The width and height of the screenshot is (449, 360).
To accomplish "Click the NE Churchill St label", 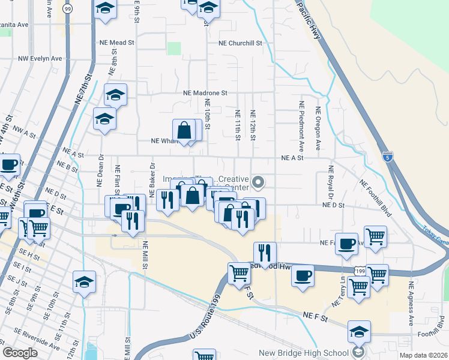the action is (241, 43).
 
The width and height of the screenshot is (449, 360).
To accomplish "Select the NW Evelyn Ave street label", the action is (40, 58).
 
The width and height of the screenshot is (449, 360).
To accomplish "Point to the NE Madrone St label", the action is (205, 93).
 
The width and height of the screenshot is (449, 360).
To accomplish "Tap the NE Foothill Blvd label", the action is (375, 191).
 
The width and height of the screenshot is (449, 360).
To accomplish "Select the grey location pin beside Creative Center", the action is (259, 181).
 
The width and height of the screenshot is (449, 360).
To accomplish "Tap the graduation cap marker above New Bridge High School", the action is (359, 331).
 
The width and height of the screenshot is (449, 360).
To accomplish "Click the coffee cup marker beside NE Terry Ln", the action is (347, 243).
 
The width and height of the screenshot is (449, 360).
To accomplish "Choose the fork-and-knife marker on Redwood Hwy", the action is (265, 252).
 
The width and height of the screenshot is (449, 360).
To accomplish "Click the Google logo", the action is (20, 353).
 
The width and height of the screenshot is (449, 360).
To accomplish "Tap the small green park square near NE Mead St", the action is (174, 49).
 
